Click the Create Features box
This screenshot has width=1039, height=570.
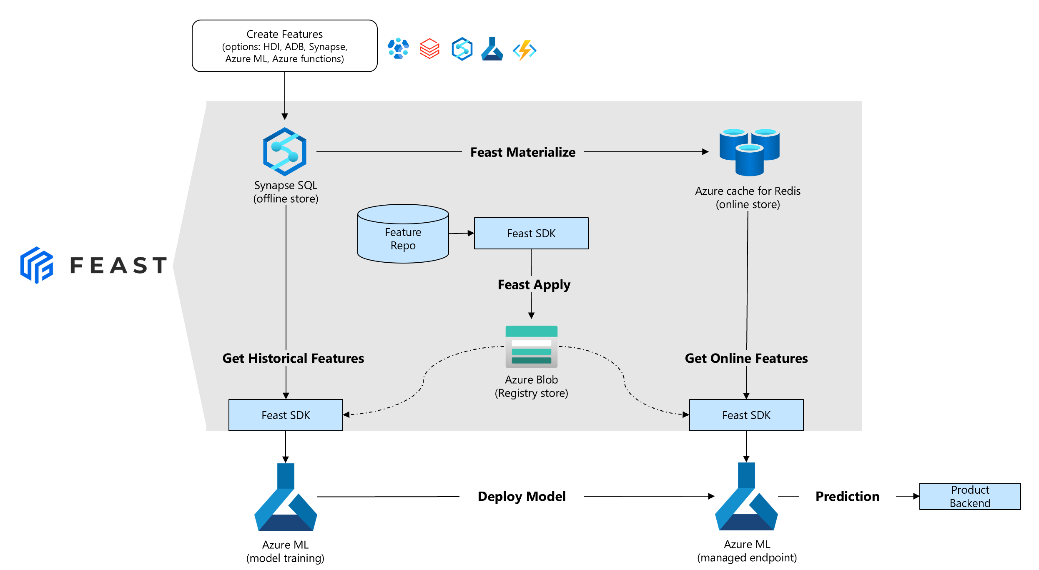click(x=284, y=46)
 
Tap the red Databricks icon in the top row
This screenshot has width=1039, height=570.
click(x=429, y=49)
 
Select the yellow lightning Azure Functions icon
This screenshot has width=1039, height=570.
click(x=525, y=50)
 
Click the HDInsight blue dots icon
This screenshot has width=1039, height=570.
click(x=398, y=49)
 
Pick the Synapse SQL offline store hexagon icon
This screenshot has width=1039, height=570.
click(x=285, y=151)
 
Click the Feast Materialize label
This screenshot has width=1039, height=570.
click(x=522, y=152)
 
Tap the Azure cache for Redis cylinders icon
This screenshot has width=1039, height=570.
click(x=749, y=152)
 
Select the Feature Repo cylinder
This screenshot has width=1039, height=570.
click(x=403, y=234)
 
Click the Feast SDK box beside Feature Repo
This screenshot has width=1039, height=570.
click(x=531, y=234)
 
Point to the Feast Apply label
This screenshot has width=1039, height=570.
click(x=534, y=285)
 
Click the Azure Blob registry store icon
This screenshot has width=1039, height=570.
click(x=531, y=347)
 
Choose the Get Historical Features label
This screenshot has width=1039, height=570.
click(x=293, y=358)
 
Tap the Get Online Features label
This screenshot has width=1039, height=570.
click(x=746, y=358)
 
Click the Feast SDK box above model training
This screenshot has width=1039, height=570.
click(x=286, y=415)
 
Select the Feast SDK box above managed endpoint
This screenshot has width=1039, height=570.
click(x=746, y=415)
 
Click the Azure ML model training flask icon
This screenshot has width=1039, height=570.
click(x=286, y=498)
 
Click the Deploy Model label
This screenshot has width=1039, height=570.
click(x=521, y=496)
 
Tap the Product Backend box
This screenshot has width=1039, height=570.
click(x=970, y=496)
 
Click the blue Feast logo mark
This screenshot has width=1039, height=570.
click(x=37, y=265)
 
